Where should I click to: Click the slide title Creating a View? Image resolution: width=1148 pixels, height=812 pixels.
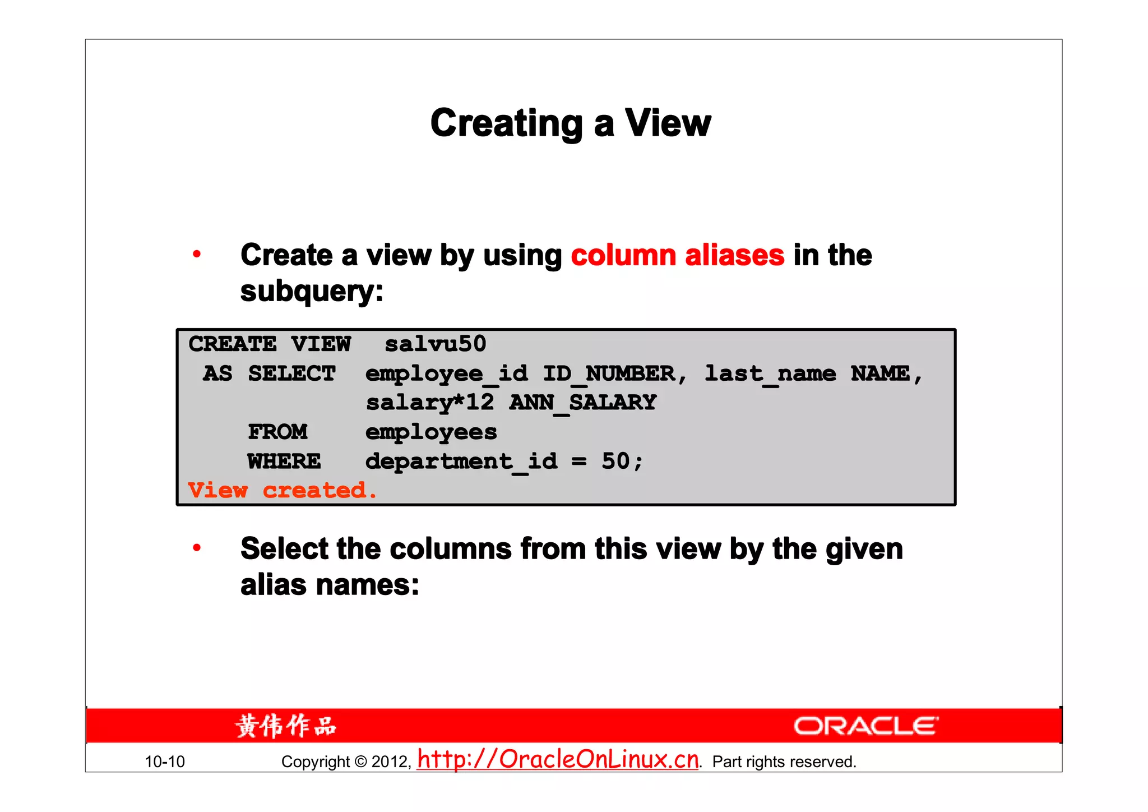click(570, 123)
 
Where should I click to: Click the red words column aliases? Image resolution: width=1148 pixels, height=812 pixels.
click(677, 256)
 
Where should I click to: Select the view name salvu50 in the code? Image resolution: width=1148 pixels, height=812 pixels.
click(435, 344)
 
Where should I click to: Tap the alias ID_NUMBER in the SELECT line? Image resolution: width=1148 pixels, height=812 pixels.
click(609, 373)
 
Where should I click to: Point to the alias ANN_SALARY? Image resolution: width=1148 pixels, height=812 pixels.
click(582, 403)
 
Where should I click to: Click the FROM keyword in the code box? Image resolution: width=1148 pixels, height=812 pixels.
click(277, 432)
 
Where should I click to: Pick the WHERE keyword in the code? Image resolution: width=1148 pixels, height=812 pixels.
click(284, 462)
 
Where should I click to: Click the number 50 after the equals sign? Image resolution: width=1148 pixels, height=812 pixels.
click(615, 461)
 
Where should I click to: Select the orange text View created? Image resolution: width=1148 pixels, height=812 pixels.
click(282, 491)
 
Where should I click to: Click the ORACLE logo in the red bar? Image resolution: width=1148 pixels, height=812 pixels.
click(866, 726)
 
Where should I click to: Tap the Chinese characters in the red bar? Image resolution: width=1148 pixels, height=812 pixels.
click(286, 726)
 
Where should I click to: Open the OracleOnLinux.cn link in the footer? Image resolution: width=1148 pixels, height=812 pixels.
click(558, 759)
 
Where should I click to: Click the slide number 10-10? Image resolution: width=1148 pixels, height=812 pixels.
click(165, 762)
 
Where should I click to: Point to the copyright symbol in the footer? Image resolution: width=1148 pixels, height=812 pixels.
click(360, 762)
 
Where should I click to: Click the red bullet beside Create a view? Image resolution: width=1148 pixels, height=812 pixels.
click(197, 255)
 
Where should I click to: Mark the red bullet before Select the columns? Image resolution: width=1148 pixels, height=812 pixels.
click(197, 548)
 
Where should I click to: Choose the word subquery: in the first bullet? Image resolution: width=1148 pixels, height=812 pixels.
click(312, 292)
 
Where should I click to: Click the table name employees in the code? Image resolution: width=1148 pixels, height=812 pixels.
click(431, 432)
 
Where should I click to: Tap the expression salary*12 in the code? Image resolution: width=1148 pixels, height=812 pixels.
click(430, 403)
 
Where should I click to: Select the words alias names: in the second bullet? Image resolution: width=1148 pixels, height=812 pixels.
click(330, 585)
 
